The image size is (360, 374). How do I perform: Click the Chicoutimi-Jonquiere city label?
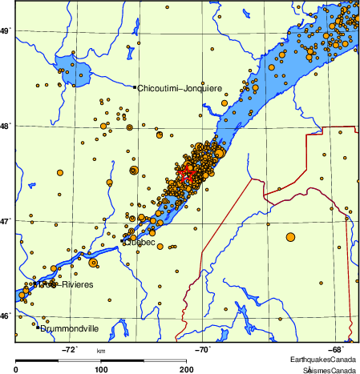point(180,88)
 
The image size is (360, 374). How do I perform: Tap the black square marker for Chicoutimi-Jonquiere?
point(135,87)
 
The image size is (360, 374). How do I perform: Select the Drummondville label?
point(71,328)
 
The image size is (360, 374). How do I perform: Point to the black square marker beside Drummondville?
point(38,327)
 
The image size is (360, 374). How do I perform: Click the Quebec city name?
point(138,243)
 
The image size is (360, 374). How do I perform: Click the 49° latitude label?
point(5,31)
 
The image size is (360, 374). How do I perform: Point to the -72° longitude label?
point(70,350)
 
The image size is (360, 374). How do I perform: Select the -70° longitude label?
point(203,350)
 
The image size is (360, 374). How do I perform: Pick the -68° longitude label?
point(337,350)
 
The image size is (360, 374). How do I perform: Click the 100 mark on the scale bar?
point(101,369)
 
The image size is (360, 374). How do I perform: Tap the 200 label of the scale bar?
point(186,369)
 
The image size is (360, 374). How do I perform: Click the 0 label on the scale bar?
point(17,369)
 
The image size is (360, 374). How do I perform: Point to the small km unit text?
point(101,351)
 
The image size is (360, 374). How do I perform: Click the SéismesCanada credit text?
point(329,371)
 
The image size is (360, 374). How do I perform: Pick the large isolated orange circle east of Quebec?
point(289,236)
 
